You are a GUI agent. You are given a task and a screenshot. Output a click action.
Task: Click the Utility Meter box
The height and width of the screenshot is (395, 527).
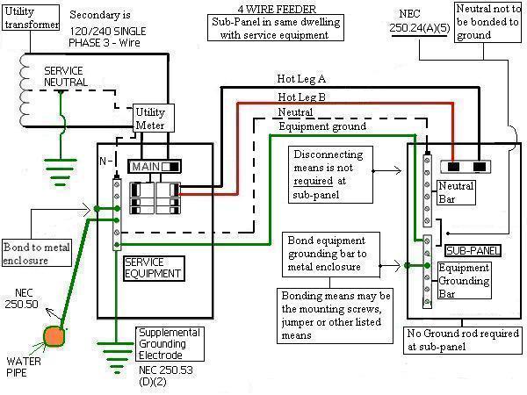pyautogui.click(x=150, y=119)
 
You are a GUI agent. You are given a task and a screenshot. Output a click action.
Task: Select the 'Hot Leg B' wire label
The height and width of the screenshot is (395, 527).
pyautogui.click(x=301, y=97)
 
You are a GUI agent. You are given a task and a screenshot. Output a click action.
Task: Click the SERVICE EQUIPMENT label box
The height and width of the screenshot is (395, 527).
pyautogui.click(x=153, y=268)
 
